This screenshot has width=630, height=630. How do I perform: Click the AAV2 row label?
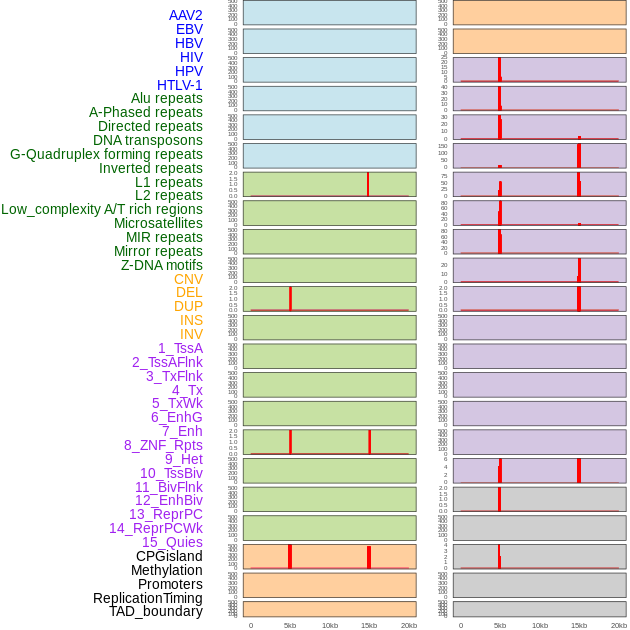click(x=185, y=15)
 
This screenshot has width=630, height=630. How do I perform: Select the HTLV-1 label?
click(x=179, y=85)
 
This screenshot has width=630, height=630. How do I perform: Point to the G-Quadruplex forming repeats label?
click(x=106, y=154)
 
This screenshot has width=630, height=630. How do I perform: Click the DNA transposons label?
click(x=148, y=140)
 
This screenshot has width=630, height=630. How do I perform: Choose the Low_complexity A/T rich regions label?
click(x=102, y=209)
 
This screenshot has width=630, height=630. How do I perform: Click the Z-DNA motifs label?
click(x=162, y=265)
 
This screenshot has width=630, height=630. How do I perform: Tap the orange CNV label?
click(x=188, y=279)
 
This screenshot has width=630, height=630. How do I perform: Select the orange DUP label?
click(x=188, y=306)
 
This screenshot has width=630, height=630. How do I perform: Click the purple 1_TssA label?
click(x=180, y=348)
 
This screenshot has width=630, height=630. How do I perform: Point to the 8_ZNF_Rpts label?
click(x=163, y=445)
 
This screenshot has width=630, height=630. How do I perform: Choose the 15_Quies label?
click(x=172, y=542)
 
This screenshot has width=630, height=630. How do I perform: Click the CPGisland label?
click(x=169, y=556)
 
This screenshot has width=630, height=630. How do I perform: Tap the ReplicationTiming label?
click(x=147, y=598)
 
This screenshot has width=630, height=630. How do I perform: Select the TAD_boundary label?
click(x=156, y=611)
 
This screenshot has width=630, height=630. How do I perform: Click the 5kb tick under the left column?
click(x=290, y=625)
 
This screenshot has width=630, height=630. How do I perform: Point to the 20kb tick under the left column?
click(x=409, y=625)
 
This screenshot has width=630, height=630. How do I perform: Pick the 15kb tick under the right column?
click(x=579, y=625)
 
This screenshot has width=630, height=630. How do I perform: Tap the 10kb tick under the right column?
click(x=540, y=625)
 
